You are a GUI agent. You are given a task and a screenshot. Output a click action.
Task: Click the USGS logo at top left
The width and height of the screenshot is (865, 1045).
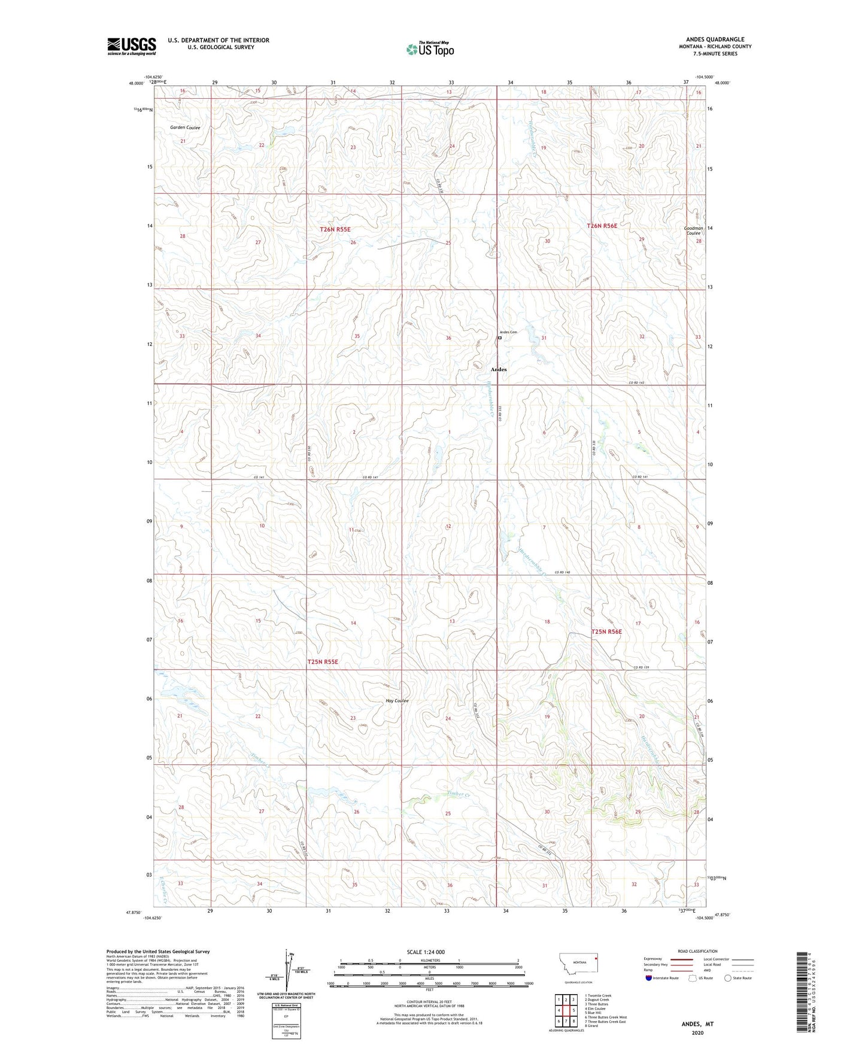point(132,46)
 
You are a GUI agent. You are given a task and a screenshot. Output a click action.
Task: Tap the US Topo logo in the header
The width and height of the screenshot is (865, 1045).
point(430,49)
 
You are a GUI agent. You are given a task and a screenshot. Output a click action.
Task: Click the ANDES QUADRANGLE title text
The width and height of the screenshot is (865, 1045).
point(716,40)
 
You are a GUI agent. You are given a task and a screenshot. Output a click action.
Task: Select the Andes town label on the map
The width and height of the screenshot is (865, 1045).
point(499,369)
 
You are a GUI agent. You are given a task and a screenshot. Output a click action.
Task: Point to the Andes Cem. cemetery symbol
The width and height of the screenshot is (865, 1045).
point(500,338)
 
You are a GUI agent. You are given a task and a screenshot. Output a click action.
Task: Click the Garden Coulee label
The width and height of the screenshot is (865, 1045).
point(185,127)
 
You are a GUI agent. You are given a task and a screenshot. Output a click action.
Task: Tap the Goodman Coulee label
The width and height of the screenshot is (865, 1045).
point(694,230)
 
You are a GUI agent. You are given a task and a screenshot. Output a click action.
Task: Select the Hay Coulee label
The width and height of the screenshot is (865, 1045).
point(397,700)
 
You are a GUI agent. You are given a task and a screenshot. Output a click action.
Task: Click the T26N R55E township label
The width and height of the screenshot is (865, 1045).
point(335,229)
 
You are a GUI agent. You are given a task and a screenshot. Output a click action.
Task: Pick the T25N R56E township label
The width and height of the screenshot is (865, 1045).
point(606,632)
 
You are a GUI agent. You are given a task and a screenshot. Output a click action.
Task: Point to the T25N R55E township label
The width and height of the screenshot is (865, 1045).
point(323,662)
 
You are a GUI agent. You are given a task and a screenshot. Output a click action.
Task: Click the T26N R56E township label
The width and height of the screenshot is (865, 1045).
point(602,226)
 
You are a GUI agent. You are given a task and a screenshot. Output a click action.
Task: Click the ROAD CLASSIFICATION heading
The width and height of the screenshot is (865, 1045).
point(697,951)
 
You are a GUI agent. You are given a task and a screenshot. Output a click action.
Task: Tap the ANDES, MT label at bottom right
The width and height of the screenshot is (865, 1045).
point(697,1024)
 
